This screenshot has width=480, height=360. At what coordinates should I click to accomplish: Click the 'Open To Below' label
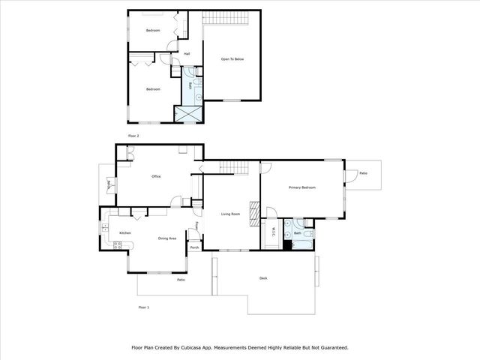(232, 58)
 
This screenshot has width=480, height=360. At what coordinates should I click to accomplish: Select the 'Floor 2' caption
(134, 136)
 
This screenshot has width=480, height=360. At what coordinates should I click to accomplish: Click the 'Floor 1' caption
(143, 307)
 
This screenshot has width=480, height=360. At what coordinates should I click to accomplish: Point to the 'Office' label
(157, 176)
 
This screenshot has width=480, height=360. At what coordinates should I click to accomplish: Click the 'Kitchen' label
(125, 232)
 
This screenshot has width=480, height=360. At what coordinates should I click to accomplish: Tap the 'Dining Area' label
(166, 238)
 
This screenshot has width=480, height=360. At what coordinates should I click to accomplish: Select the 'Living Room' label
(230, 214)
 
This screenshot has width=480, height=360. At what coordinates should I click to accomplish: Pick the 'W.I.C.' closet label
(274, 230)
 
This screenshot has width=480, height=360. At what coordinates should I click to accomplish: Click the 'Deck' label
(263, 278)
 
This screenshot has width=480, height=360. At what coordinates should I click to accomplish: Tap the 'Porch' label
(194, 247)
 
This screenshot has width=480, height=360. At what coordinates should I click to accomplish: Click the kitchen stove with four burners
(117, 245)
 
